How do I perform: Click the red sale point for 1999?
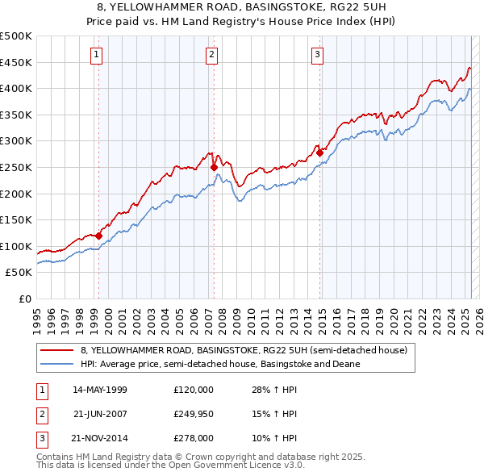coord(98,236)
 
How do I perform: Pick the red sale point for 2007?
coord(214,168)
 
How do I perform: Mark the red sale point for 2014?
coord(319,152)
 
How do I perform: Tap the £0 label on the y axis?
coord(25,299)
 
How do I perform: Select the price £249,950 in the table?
coord(194,415)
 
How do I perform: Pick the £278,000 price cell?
coord(194,440)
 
